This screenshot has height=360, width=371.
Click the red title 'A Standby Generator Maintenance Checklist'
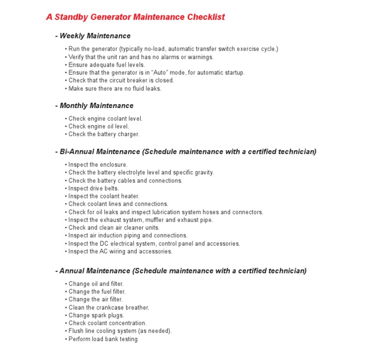(x=135, y=17)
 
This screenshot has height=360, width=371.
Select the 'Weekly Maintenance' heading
(x=95, y=36)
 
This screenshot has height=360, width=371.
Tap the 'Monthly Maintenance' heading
(x=96, y=106)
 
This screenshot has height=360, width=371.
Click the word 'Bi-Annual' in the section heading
(x=75, y=152)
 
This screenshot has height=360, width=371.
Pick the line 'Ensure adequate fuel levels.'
(x=106, y=65)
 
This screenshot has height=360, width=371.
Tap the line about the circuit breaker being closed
(x=121, y=81)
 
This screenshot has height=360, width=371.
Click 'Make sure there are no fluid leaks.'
(x=114, y=88)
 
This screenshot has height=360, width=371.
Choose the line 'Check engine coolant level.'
(x=105, y=118)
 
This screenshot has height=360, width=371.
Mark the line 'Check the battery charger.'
(x=103, y=134)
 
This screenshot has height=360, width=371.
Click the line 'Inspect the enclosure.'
(x=98, y=165)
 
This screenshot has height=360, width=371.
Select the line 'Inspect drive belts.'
(x=93, y=188)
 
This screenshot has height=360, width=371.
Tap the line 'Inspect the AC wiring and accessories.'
(x=120, y=251)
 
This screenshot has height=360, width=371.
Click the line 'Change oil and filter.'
(x=96, y=284)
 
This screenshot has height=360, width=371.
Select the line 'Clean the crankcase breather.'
(x=109, y=307)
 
